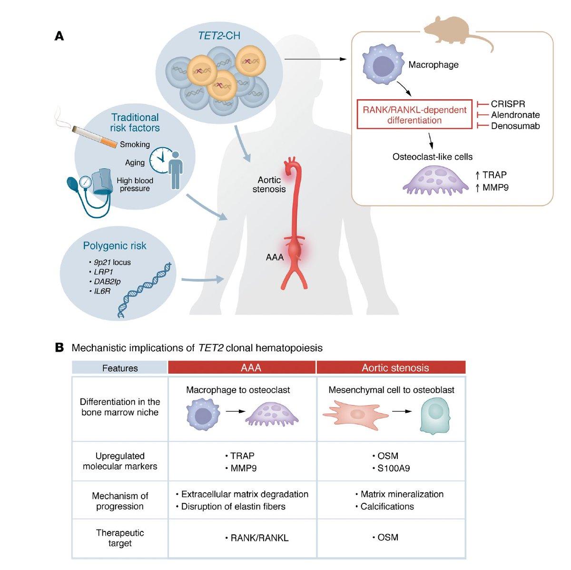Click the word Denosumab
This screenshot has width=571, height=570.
(515, 126)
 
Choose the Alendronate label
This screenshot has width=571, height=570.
(515, 115)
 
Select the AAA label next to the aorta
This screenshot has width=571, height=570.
(275, 257)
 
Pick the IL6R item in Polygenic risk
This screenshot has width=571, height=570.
(102, 291)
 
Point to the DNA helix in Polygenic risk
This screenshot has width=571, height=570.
(143, 291)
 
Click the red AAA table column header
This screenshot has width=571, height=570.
(242, 367)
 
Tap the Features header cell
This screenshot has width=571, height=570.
(120, 368)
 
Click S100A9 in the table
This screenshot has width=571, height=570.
(392, 468)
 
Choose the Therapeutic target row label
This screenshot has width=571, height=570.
(120, 538)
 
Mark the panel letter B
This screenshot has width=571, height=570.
(59, 347)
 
